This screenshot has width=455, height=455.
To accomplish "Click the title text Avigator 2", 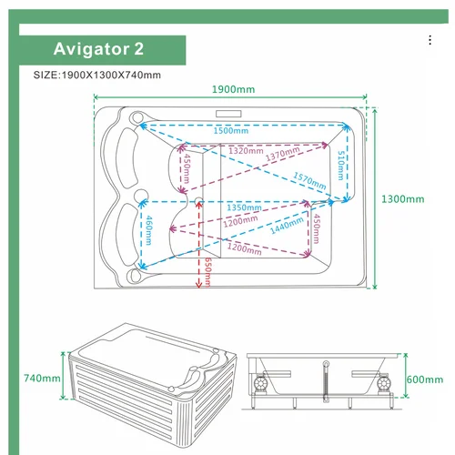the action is pos(98,49).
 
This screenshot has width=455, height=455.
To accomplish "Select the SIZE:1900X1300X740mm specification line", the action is pos(97,75).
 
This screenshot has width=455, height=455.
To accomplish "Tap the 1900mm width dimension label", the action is pos(233,89).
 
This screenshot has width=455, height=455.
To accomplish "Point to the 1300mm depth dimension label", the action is pos(402,199).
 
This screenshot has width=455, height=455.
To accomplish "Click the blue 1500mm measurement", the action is pos(231,131).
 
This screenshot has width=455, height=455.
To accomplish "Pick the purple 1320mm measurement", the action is pos(246,150).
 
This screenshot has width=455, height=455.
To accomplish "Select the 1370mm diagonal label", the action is pos(283,153).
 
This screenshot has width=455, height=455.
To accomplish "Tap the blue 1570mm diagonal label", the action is pos(309,180).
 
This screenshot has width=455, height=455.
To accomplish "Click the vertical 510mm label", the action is pos(341,166).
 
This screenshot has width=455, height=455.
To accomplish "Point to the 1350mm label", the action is pos(244,207).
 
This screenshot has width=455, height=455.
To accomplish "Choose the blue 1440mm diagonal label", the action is pos(287,226).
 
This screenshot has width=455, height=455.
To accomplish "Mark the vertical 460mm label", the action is pos(149,230).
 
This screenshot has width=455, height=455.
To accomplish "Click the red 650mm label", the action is pos(207,272).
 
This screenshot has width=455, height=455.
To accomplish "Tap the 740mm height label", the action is pos(42,378).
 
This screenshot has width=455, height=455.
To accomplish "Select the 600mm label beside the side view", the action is pos(425,379).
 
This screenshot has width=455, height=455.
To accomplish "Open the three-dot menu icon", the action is pos(430,40).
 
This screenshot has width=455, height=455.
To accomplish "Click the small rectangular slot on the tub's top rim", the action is pos(228,114).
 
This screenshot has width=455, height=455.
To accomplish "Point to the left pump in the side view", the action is pos(260,384).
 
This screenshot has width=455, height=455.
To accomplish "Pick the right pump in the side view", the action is pos(384,384).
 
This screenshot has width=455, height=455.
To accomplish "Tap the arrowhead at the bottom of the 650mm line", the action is pos(198,285).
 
